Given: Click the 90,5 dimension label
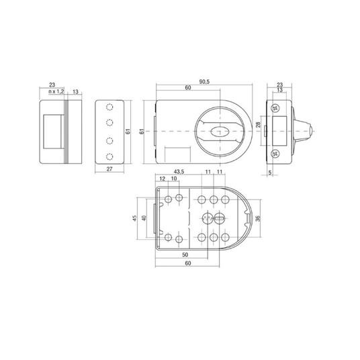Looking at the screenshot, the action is click(204, 82).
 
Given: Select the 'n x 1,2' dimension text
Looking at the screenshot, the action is click(56, 91).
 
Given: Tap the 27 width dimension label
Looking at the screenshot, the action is click(109, 169).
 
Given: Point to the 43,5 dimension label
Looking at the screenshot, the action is click(179, 171).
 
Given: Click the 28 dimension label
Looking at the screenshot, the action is click(259, 125).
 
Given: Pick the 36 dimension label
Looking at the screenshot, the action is click(258, 218).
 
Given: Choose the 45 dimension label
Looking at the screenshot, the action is click(135, 218).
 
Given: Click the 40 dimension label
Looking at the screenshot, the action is click(144, 218).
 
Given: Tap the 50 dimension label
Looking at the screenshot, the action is click(185, 255).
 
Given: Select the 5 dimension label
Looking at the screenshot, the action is click(270, 173).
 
